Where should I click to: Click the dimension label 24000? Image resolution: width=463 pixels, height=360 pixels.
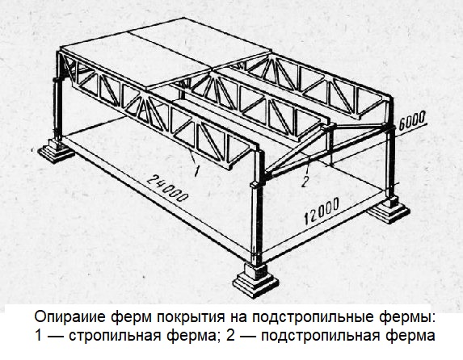pos(167,188)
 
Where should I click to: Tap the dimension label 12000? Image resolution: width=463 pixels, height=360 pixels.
pos(322,211)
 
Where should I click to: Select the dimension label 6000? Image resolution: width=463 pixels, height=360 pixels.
pos(411,120)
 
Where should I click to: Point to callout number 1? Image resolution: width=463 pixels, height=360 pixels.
pos(197,171)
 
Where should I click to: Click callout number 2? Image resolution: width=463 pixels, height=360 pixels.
pos(305,182)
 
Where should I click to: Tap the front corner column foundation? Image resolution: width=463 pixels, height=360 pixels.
pos(255,280)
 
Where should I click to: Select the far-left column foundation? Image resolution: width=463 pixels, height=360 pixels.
pos(56,151)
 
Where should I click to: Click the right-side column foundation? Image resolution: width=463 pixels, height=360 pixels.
pos(389,210)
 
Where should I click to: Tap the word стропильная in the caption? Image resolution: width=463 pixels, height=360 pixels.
pos(116,337)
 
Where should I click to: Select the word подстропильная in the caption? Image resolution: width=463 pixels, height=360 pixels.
pos(320,337)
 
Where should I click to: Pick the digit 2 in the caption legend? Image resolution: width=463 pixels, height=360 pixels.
pos(230,335)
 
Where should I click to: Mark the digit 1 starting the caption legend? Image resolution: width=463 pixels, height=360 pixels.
pos(39,335)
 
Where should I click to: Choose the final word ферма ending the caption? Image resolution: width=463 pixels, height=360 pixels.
pos(410,337)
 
